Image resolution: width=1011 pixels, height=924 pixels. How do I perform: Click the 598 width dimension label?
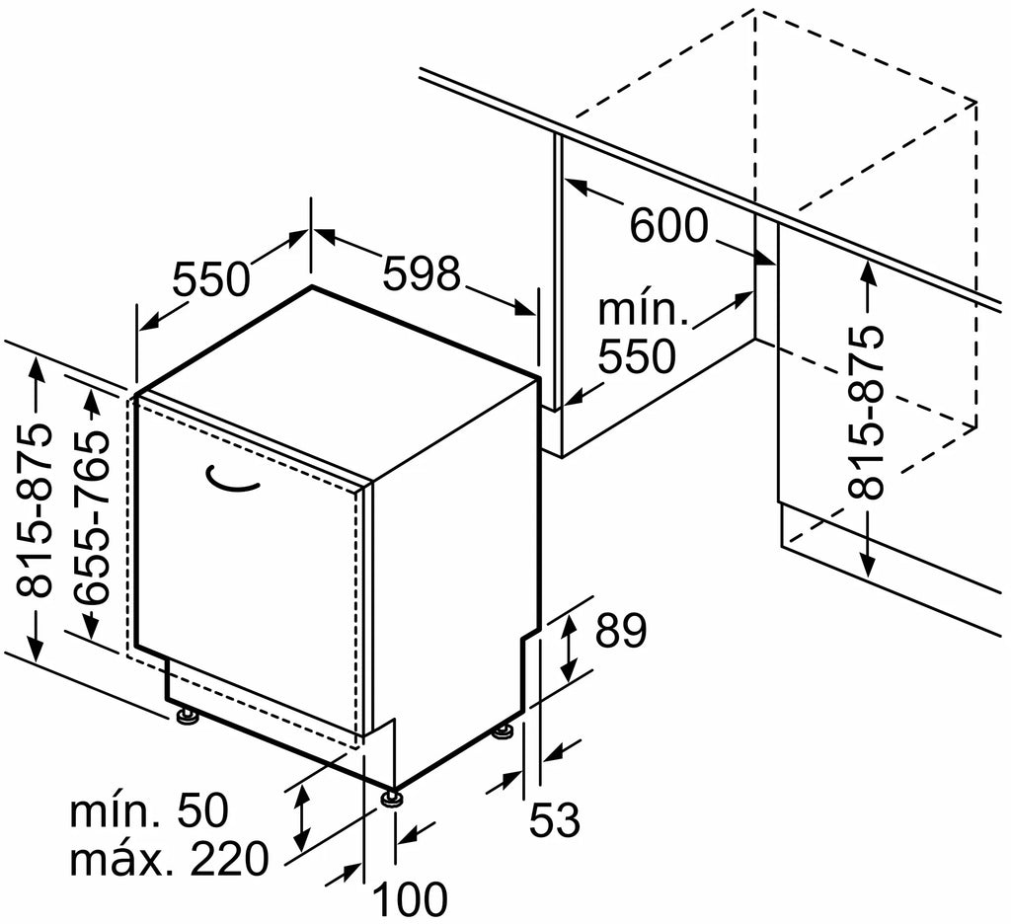click(423, 272)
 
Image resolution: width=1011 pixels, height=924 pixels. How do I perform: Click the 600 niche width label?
click(668, 226)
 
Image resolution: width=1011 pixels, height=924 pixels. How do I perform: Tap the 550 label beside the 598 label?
click(211, 278)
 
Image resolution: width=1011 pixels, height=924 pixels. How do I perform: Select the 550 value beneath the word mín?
click(637, 356)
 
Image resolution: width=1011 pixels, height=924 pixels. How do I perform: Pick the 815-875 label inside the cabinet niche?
click(865, 414)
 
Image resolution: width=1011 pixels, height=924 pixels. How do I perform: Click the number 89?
click(620, 630)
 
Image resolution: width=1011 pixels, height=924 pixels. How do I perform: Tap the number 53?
click(555, 819)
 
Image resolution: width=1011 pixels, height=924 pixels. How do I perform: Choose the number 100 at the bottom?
click(410, 899)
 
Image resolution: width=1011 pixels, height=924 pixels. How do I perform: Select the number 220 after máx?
click(228, 858)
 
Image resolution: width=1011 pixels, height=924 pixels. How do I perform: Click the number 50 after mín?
click(202, 810)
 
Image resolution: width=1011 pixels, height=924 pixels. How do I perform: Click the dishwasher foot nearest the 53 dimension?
click(504, 733)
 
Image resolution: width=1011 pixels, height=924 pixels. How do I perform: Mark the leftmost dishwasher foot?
click(188, 716)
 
